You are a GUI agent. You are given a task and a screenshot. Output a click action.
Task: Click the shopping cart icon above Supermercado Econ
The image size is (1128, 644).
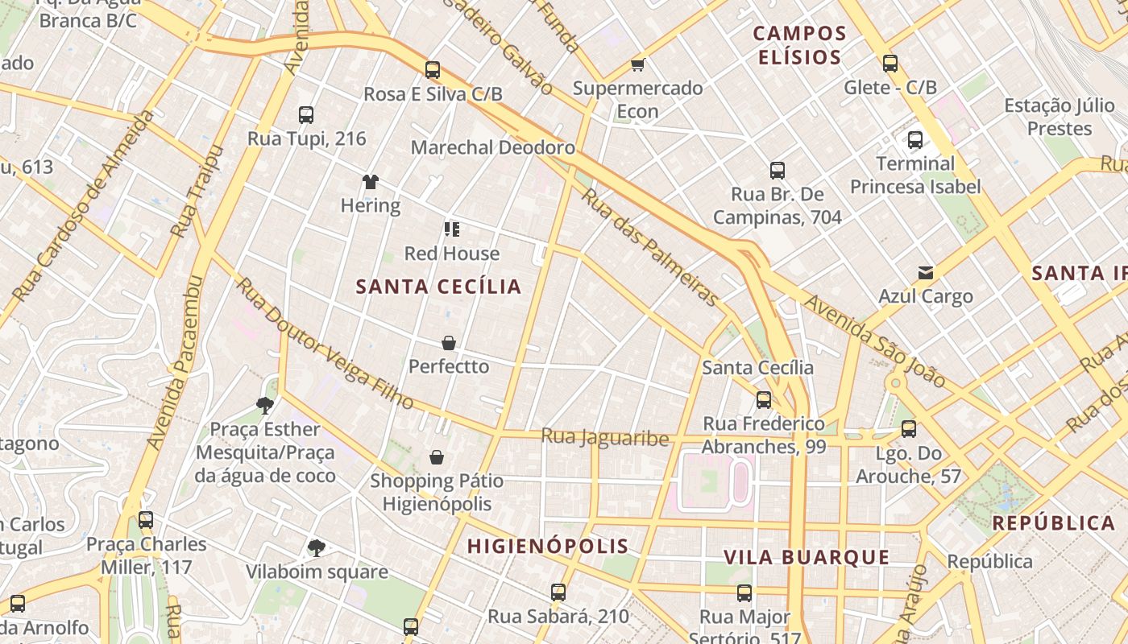tap(637, 64)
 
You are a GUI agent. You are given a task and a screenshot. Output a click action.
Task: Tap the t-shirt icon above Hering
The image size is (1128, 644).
tap(370, 182)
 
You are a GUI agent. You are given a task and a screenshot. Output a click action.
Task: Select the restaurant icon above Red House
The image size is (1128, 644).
tap(452, 229)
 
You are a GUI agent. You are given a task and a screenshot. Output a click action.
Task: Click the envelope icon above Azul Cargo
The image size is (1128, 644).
tap(926, 273)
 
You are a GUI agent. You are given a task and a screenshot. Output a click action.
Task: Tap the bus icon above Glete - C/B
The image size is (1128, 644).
tap(890, 64)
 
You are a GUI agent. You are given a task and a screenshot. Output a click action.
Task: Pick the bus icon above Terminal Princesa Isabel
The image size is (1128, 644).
tap(915, 140)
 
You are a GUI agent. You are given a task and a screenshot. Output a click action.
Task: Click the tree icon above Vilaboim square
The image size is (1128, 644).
tap(317, 548)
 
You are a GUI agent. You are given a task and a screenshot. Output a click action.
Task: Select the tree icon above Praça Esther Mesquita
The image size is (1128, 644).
tap(264, 405)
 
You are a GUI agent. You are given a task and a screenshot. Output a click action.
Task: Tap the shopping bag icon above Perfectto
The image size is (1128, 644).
tap(449, 343)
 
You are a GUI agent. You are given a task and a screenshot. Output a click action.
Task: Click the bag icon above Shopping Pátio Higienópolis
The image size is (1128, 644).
tap(437, 457)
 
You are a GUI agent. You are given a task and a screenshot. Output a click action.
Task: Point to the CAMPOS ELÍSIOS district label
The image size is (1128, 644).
tap(800, 45)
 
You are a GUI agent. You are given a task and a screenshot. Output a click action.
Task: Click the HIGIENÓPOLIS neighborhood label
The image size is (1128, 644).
tap(548, 546)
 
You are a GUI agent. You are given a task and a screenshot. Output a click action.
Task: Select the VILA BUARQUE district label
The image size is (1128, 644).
tap(807, 557)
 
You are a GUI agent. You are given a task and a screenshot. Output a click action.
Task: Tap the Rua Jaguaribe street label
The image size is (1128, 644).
tap(605, 437)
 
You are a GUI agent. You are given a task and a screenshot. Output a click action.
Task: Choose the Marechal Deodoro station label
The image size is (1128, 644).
tap(493, 147)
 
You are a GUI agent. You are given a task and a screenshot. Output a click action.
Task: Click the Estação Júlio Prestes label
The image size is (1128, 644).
tap(1048, 117)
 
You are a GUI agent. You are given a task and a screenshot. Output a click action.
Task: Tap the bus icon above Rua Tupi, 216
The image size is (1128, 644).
tap(306, 115)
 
